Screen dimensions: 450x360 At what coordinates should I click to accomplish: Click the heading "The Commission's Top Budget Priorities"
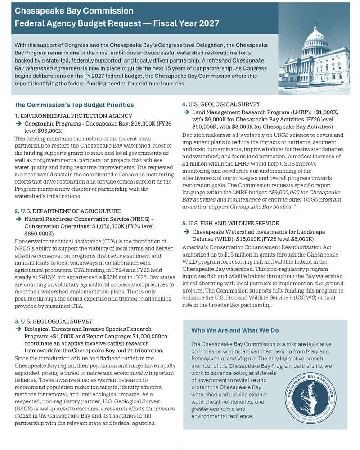pos(74,105)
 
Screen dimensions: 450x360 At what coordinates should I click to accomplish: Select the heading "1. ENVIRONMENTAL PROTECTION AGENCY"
pos(73,116)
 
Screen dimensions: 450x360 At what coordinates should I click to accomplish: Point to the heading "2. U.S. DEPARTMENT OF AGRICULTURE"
pos(67,211)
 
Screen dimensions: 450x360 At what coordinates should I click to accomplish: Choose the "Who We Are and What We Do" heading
pos(235,330)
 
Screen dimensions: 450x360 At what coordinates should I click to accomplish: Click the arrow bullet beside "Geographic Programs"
pos(18,123)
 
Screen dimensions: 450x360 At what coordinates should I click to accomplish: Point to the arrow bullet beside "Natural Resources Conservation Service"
pos(18,218)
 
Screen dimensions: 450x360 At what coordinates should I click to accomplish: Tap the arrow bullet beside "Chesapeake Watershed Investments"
pos(186,231)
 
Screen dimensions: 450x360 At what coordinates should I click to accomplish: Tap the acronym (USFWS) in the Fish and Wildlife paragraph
pos(308,298)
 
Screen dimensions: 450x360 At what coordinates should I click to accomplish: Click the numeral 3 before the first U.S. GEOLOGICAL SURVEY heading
pos(16,321)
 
